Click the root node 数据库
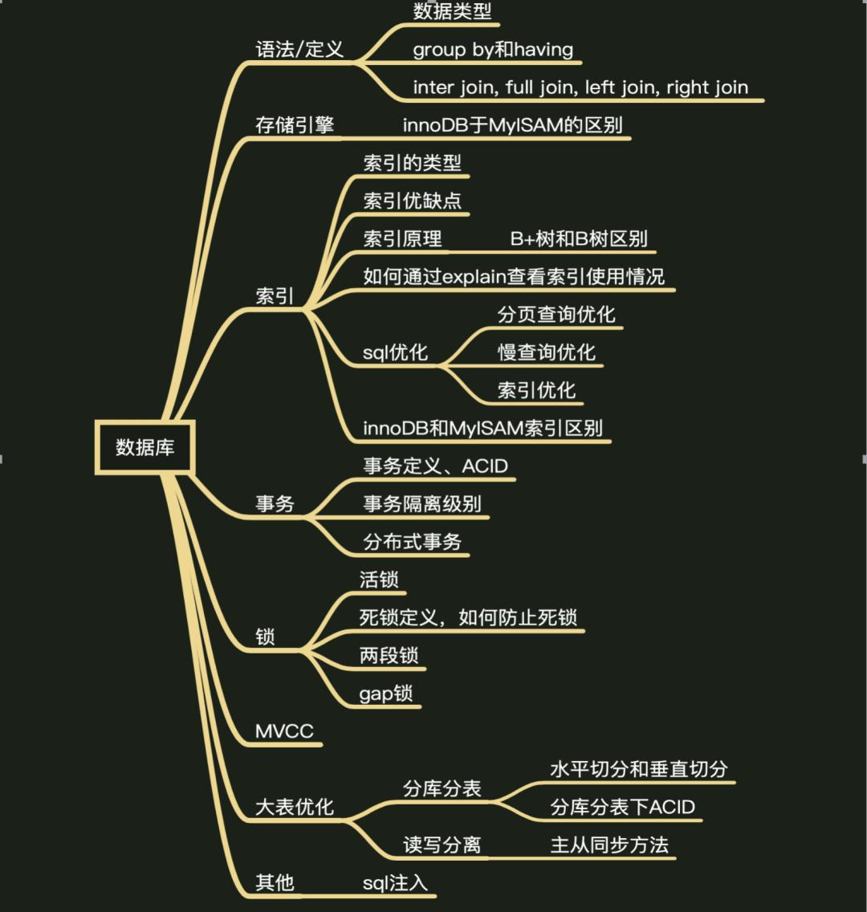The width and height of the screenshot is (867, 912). pos(144,446)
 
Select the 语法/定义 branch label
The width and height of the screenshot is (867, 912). pos(299,49)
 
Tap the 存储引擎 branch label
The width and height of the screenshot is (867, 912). pos(294,125)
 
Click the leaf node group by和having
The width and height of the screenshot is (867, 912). pos(493,49)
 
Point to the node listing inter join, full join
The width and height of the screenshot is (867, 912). pos(580,87)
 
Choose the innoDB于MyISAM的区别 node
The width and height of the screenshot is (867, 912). pos(512,125)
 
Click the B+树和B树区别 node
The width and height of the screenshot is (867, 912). pos(578,239)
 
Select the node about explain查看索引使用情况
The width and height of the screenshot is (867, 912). pos(514,277)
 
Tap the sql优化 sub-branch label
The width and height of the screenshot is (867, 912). pos(395,352)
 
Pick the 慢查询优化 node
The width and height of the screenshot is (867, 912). pos(546,352)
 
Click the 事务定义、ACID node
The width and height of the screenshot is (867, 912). pos(435,466)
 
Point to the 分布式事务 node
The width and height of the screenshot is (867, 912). pos(413,542)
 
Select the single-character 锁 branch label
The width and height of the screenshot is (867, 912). pos(265,637)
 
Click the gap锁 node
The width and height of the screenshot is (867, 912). pos(385,694)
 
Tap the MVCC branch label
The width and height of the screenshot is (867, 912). pos(284,731)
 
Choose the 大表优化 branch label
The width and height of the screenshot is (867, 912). pos(294,807)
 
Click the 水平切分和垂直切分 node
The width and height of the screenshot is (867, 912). pos(638,769)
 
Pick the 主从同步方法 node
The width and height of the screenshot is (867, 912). pos(609,845)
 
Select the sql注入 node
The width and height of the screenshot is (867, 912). pos(395,883)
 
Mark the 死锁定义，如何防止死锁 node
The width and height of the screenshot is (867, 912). pos(467,617)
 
